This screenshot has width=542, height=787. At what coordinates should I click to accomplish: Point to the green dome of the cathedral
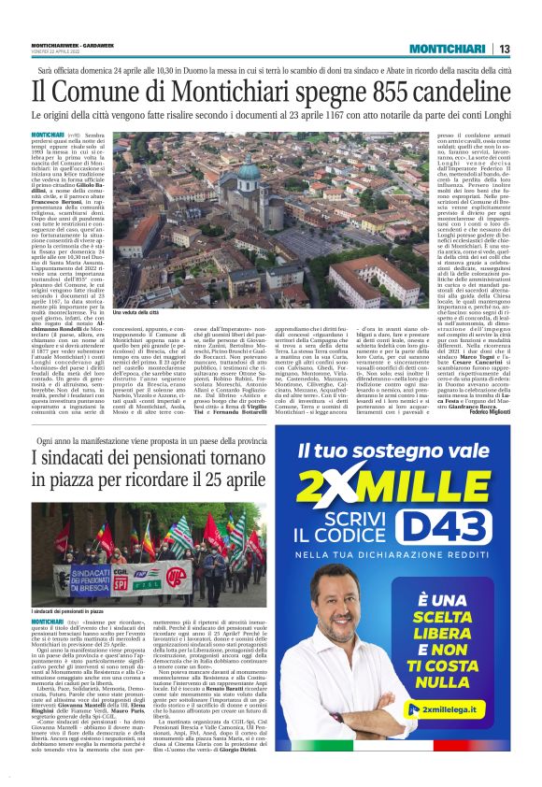221,172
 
